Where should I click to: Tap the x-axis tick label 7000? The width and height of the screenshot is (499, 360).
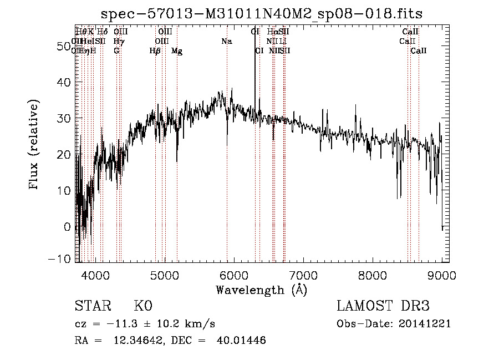[x=303, y=275]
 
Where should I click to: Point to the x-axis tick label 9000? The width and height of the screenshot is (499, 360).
[x=442, y=275]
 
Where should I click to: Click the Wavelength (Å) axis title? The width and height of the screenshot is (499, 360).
[x=261, y=290]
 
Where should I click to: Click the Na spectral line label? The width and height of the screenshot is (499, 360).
[x=226, y=42]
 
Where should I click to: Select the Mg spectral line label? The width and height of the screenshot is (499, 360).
[x=177, y=51]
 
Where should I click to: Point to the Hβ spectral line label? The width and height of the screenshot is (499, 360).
[x=155, y=51]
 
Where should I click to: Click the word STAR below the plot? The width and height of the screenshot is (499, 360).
[x=90, y=307]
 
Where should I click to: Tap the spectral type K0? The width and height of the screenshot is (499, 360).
[x=142, y=307]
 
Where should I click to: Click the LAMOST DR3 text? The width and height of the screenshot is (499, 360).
[x=383, y=307]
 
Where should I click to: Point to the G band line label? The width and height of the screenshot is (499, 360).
[x=116, y=51]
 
